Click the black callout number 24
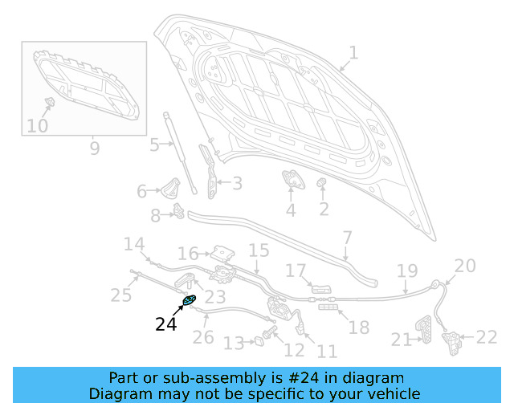point(165,324)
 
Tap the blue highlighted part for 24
point(190,300)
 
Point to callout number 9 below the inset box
point(94,149)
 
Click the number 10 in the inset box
point(37,126)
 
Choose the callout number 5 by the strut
point(154,145)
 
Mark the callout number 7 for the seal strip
point(347,238)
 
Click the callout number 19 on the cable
point(407,271)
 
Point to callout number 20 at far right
point(465,266)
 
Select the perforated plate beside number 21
point(423,332)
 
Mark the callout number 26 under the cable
point(203,336)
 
